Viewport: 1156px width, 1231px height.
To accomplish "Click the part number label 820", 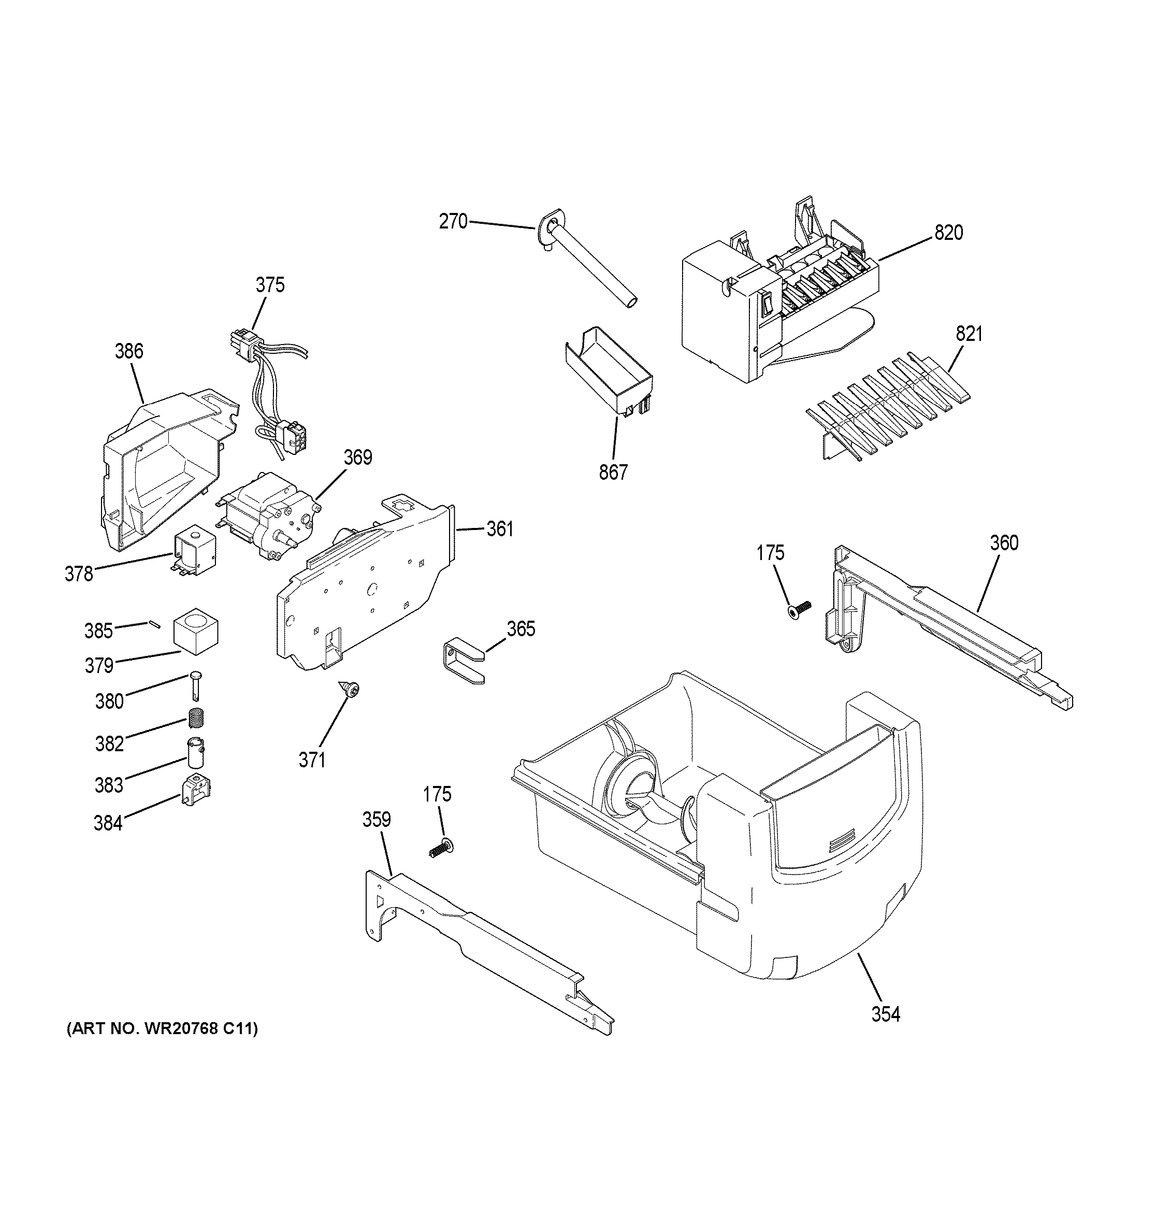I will click(948, 234).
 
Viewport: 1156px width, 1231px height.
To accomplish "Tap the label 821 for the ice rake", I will click(969, 334).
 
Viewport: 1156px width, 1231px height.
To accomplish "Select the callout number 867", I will click(613, 473).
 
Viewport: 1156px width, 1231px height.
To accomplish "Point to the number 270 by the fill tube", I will click(453, 222).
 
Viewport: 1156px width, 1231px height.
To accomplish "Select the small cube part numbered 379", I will click(196, 631).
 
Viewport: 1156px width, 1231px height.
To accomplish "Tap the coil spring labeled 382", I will click(196, 718).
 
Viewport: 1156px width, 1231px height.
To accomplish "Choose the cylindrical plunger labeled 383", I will click(196, 752).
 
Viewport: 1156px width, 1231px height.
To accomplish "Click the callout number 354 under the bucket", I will click(885, 1014).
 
